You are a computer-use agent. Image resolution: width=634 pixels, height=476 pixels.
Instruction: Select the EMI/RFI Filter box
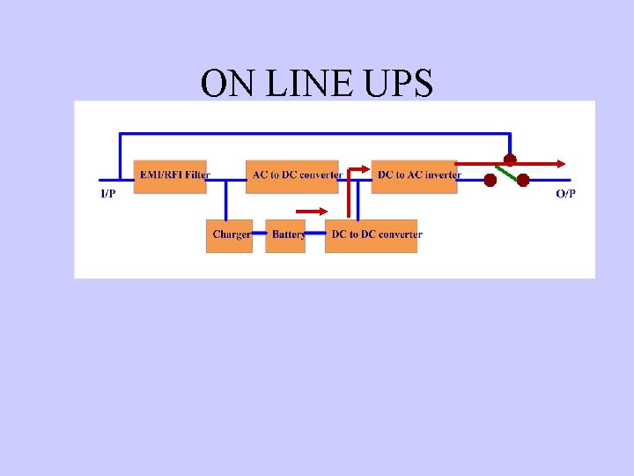(173, 175)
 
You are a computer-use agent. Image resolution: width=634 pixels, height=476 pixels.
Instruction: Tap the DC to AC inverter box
(416, 175)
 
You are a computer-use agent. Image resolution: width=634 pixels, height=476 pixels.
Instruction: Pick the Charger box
(229, 235)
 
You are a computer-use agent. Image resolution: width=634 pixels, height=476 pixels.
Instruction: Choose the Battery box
(285, 235)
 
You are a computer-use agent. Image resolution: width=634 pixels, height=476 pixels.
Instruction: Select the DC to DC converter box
(372, 235)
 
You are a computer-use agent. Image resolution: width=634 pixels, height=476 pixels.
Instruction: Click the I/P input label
(107, 193)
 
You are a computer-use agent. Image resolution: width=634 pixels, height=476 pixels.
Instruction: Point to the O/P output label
(565, 193)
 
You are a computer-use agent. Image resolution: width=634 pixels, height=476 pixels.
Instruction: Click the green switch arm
(505, 172)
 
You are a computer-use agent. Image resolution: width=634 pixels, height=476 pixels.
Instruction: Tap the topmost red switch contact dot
(509, 161)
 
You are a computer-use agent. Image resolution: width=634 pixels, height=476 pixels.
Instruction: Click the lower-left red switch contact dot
(490, 180)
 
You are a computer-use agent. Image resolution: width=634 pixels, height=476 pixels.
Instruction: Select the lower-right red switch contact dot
(523, 180)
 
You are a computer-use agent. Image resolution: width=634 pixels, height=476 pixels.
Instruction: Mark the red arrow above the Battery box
(312, 212)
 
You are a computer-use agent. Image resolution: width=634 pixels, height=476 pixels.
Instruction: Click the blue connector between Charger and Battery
(259, 235)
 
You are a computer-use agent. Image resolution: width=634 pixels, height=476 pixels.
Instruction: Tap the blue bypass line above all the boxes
(308, 134)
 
